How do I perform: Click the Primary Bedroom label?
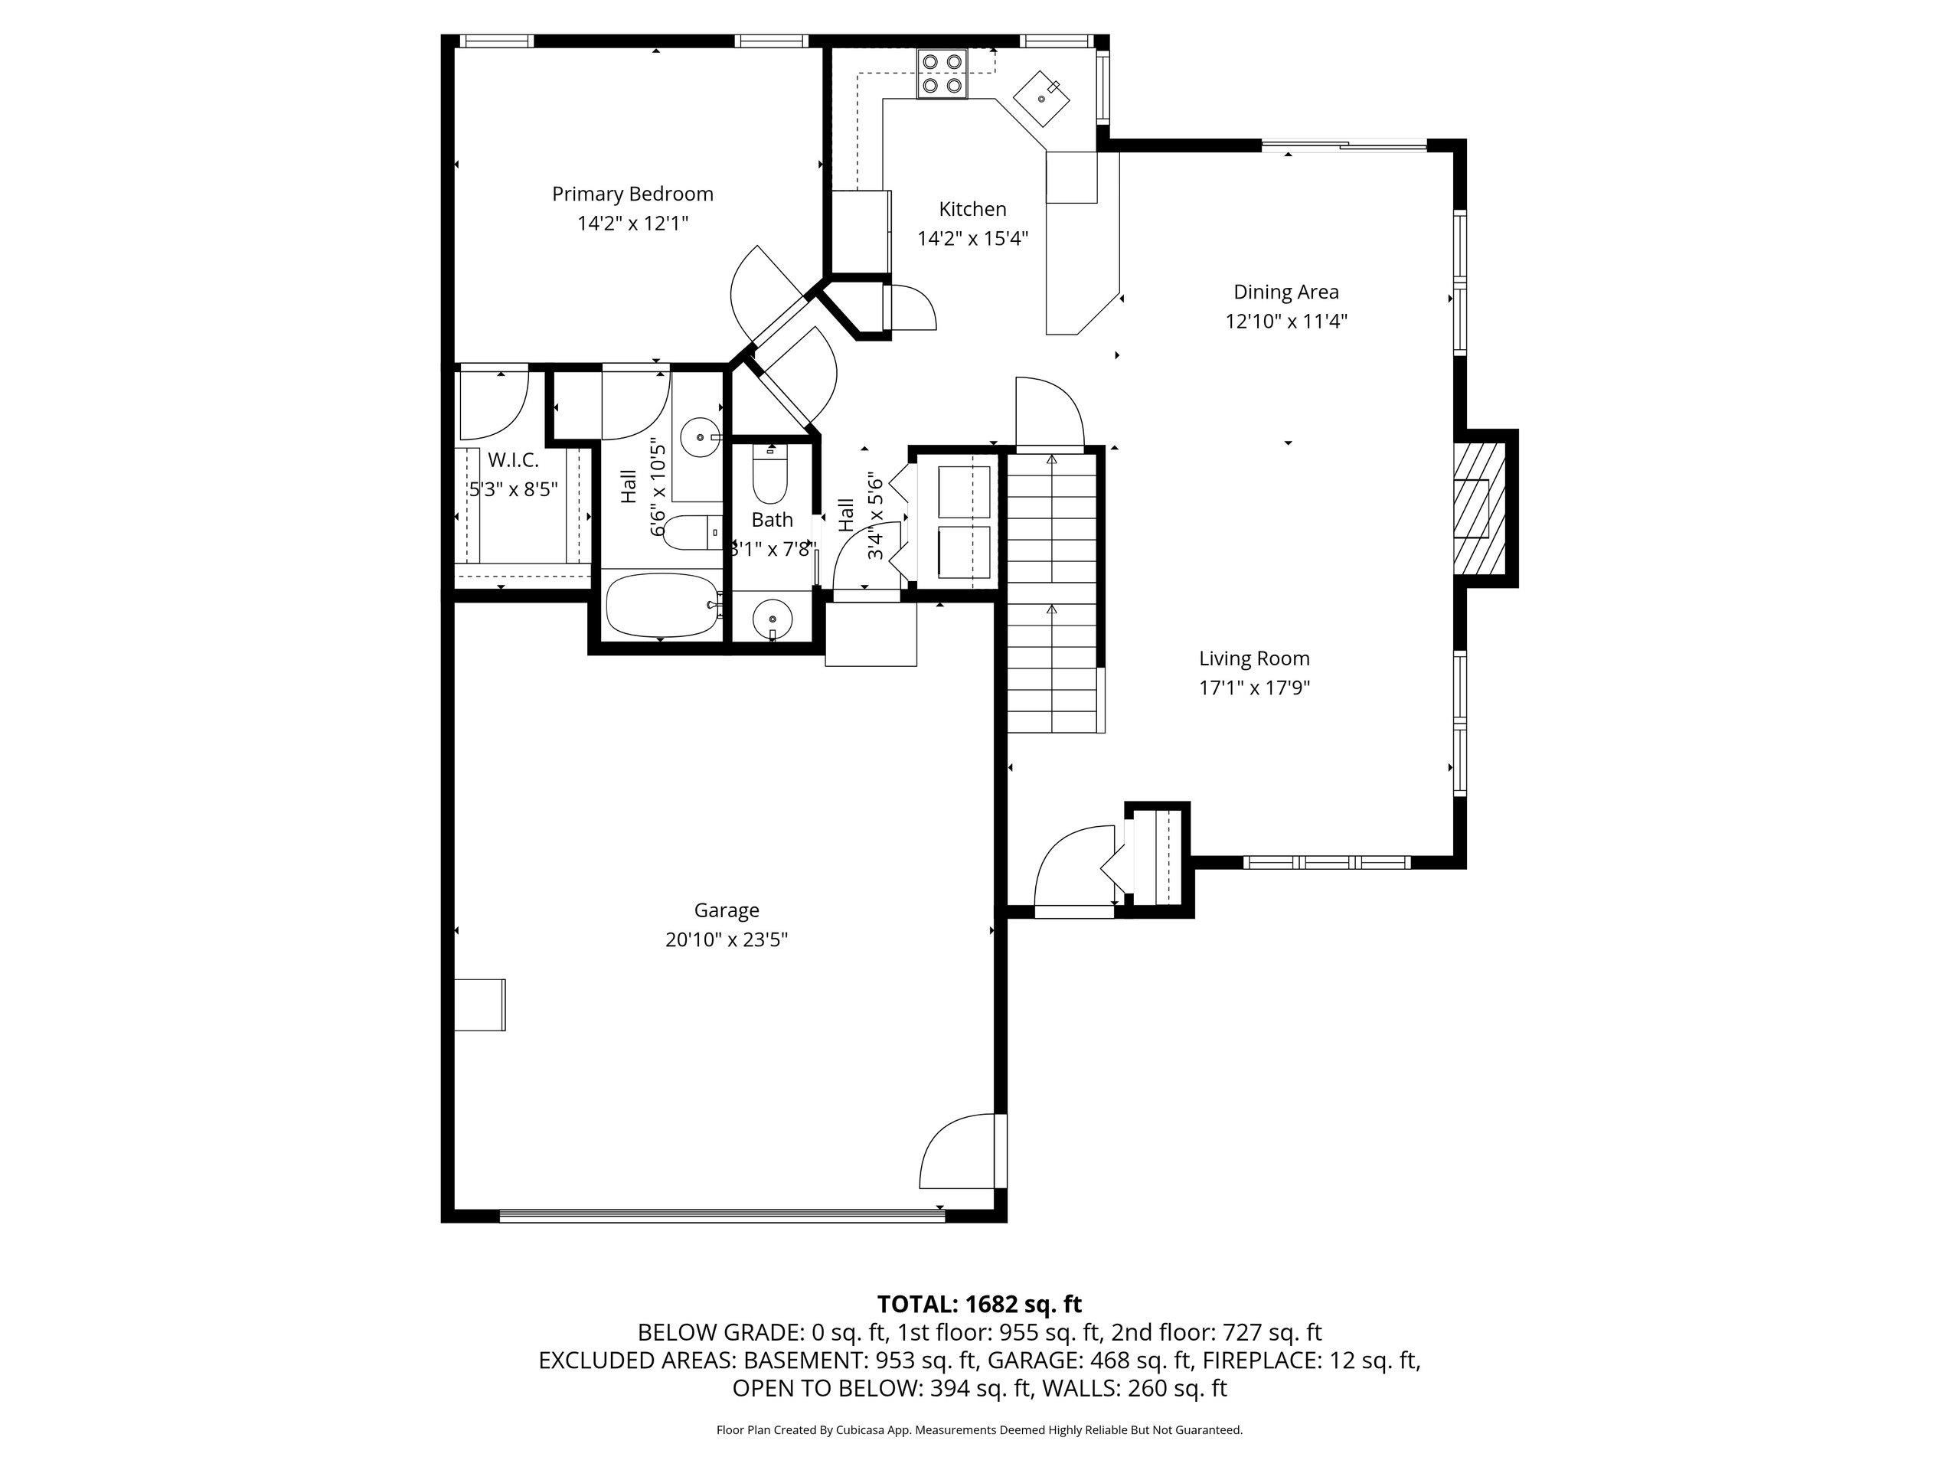pos(632,194)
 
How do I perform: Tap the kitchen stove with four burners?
pos(942,73)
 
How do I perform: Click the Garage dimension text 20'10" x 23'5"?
pos(727,939)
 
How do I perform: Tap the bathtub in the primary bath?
pos(662,605)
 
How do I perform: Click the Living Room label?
pos(1254,658)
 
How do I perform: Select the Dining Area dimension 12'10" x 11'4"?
pos(1286,321)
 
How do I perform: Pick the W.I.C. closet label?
pos(513,460)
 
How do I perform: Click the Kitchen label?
pos(973,209)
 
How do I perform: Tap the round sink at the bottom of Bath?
pos(773,618)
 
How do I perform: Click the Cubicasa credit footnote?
pos(979,1430)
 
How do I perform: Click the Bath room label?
pos(772,520)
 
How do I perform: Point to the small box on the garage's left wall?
pos(479,1004)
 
